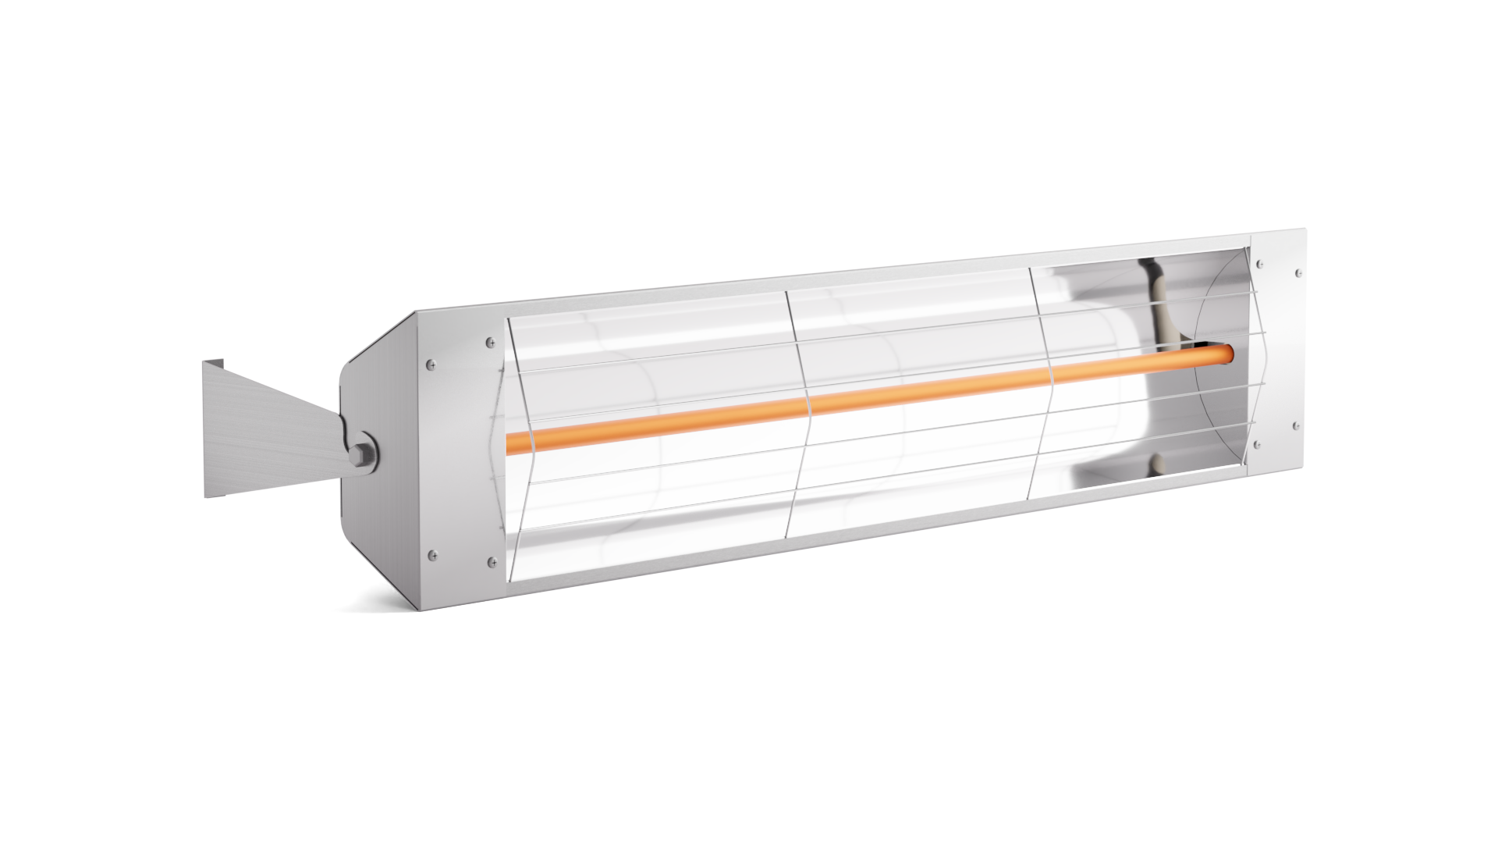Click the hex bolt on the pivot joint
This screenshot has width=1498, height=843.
[364, 455]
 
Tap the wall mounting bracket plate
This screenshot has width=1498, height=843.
[257, 437]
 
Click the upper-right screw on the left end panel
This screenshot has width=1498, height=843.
[489, 341]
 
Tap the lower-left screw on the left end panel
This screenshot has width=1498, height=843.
[431, 556]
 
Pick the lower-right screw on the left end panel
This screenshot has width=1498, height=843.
[490, 560]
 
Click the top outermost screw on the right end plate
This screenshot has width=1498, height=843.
[1297, 273]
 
